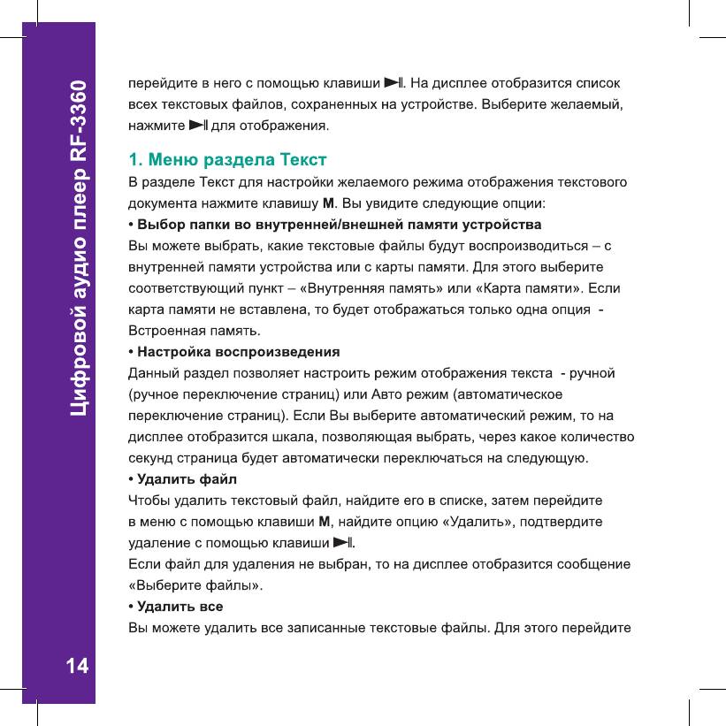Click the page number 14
77,666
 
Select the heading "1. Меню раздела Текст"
227,160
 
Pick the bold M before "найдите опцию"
324,521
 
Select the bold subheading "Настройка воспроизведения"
238,351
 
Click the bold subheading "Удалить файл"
186,479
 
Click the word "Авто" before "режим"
386,394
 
